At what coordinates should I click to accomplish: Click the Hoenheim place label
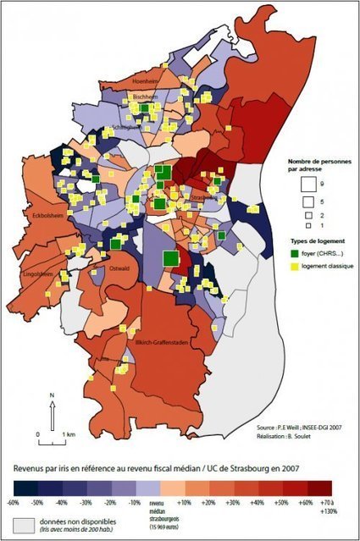pos(147,80)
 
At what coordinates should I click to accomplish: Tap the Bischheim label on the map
pos(147,98)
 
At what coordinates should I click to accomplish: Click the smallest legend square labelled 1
pos(307,226)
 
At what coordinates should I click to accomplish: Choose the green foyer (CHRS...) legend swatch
pos(307,253)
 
